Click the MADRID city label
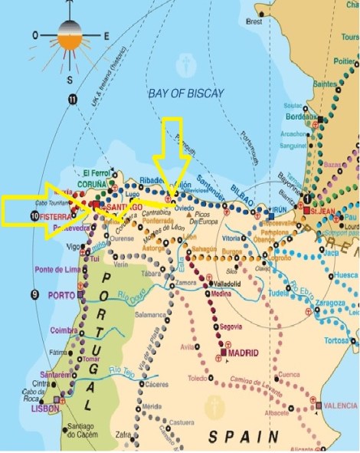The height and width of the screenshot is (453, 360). pyautogui.click(x=242, y=353)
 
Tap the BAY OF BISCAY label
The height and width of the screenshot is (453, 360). pyautogui.click(x=185, y=93)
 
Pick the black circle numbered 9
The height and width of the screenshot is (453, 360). pyautogui.click(x=34, y=294)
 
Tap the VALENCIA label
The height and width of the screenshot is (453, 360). pyautogui.click(x=339, y=405)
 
